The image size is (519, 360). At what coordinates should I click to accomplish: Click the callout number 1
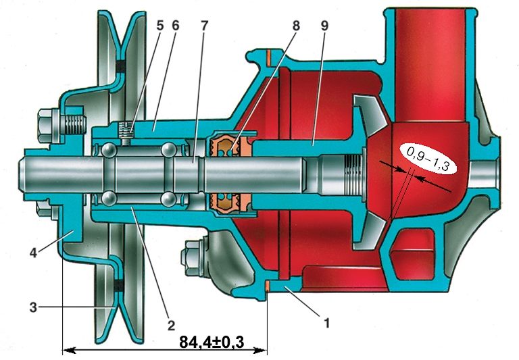[x=326, y=323]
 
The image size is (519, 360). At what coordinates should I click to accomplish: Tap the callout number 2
[x=171, y=326]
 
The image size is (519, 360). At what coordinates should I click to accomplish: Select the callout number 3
[x=33, y=307]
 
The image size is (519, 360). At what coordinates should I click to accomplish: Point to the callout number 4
[x=33, y=253]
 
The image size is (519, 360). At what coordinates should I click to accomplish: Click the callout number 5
[x=160, y=26]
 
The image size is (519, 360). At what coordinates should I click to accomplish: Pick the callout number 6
[x=176, y=26]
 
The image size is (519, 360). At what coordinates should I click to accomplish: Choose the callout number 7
[x=204, y=26]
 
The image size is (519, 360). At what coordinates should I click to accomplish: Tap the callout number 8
[x=295, y=26]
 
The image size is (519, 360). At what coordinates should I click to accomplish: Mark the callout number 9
[x=324, y=26]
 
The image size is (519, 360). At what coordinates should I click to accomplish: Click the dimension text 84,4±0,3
[x=212, y=342]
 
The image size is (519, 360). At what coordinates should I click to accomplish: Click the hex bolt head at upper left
[x=49, y=126]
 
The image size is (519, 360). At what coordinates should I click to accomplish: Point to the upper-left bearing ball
[x=109, y=150]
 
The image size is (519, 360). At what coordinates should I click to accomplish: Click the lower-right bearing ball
[x=168, y=199]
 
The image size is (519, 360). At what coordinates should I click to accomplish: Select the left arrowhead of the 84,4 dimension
[x=68, y=350]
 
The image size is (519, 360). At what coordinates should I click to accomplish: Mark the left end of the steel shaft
[x=20, y=175]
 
